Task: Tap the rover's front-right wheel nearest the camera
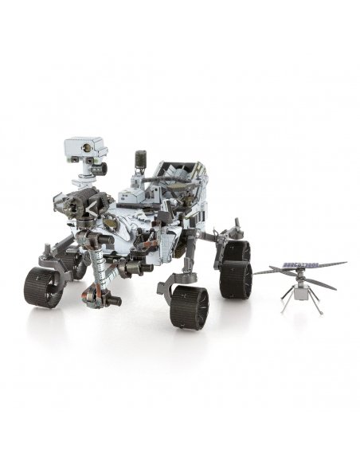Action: [189, 307]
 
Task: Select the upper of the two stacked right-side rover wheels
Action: [236, 253]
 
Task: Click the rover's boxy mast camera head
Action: [85, 148]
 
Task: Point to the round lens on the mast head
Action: [77, 149]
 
